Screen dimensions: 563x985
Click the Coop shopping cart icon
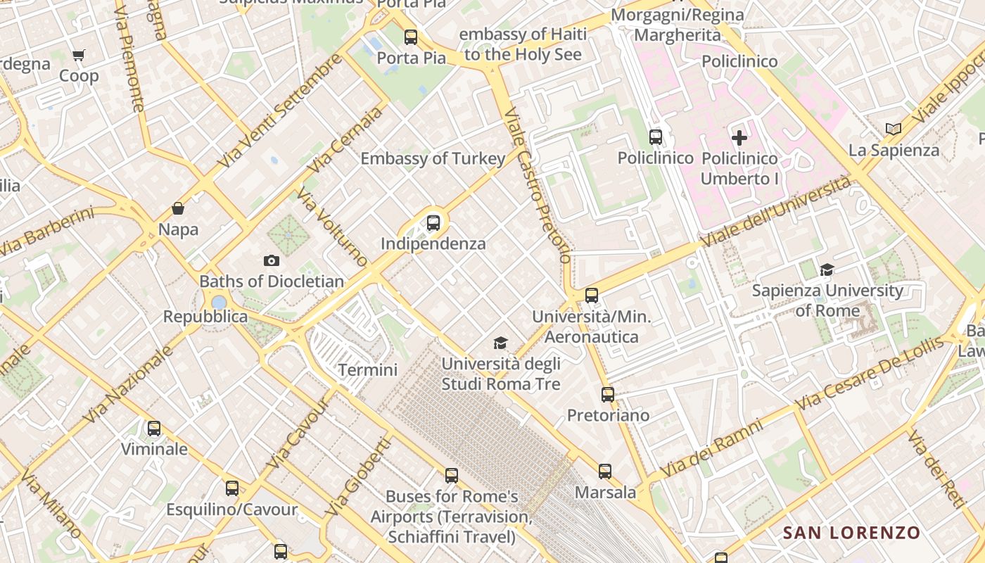[x=79, y=55]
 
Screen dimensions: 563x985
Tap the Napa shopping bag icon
[x=178, y=209]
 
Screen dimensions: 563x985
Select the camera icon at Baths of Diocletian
[x=271, y=261]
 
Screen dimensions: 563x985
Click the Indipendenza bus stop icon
[x=433, y=223]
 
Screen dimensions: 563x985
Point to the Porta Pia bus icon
[x=411, y=37]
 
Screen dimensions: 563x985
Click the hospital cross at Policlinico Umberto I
[x=739, y=138]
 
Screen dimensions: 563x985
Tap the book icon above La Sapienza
[x=894, y=129]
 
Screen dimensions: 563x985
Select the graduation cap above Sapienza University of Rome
[x=827, y=270]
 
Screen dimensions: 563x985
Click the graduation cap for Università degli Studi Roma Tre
[x=500, y=343]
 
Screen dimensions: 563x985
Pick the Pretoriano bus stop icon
[x=608, y=395]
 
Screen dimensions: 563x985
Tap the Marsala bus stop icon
[x=605, y=472]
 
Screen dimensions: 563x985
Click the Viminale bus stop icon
[x=154, y=428]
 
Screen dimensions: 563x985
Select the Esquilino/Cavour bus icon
[x=232, y=488]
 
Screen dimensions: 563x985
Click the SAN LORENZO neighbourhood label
[x=851, y=533]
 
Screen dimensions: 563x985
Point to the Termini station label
[x=367, y=370]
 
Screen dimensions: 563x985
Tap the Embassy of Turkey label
[x=433, y=159]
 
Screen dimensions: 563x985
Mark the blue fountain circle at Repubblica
[x=219, y=303]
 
